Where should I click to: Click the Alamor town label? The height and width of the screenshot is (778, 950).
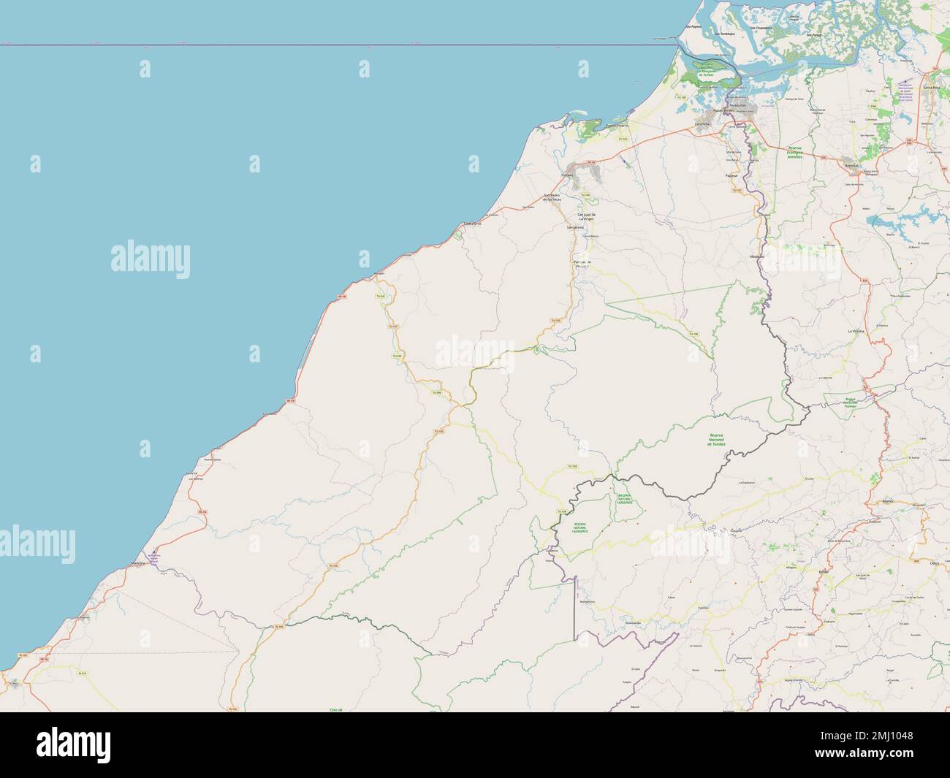click(x=889, y=502)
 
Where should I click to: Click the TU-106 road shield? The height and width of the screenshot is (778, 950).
click(x=695, y=335)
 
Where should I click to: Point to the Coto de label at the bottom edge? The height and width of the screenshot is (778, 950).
click(x=336, y=709)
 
